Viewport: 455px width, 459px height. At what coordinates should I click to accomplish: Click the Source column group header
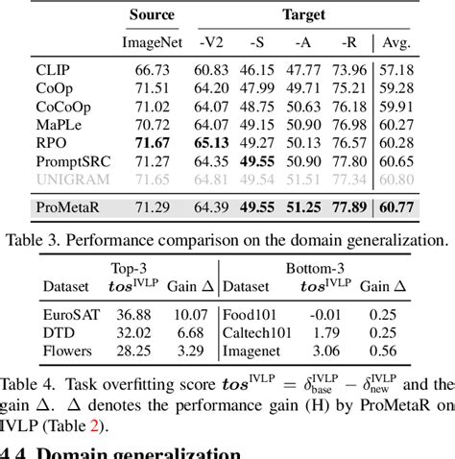(x=148, y=15)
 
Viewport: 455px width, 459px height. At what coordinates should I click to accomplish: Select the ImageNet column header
(x=149, y=43)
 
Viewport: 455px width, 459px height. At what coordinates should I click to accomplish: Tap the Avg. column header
(x=426, y=43)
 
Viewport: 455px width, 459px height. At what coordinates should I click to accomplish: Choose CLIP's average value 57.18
(x=426, y=71)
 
